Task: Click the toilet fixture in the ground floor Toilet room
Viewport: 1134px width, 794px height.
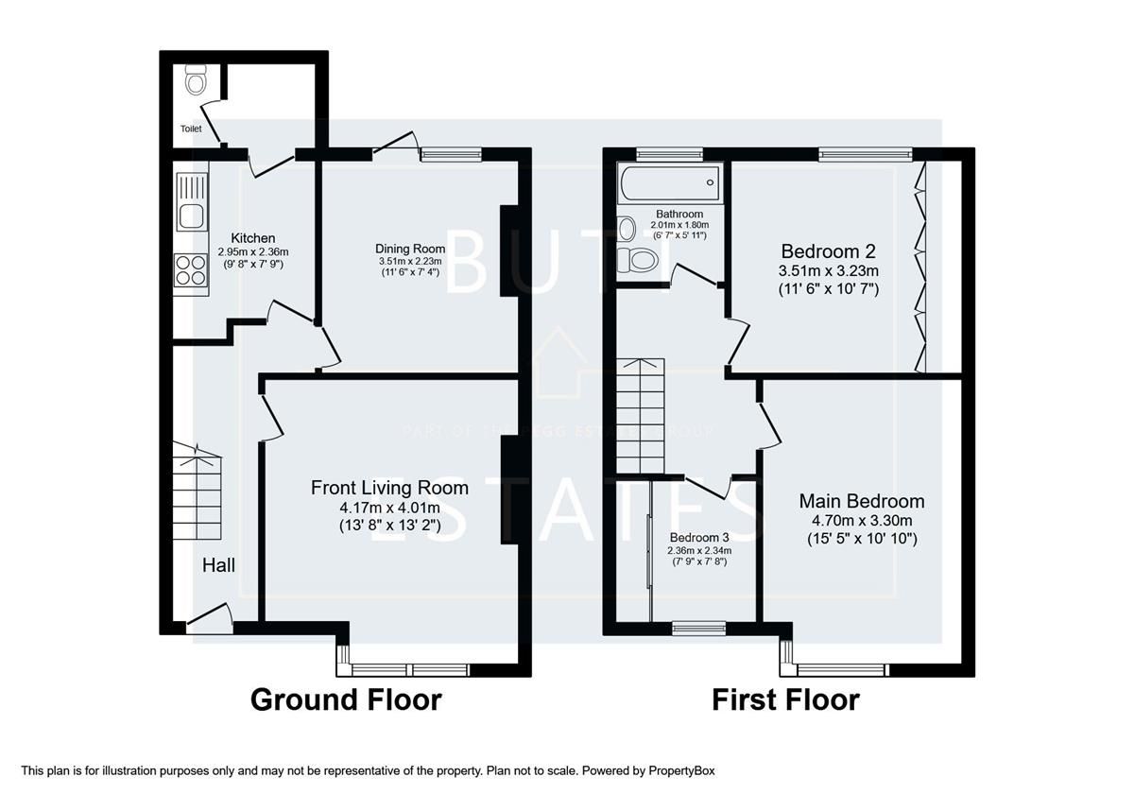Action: click(196, 81)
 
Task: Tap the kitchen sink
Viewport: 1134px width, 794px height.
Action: click(191, 202)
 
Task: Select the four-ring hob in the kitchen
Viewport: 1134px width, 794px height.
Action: click(191, 270)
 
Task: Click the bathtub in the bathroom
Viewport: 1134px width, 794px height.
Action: click(669, 182)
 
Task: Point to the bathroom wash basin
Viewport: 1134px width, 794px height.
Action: click(626, 229)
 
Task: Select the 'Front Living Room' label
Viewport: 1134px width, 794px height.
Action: click(389, 488)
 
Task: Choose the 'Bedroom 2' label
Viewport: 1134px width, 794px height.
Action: click(828, 251)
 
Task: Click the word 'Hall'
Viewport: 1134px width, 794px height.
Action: click(218, 565)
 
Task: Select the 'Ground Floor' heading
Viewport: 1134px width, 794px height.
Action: click(345, 700)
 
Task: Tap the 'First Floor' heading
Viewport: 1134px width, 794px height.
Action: click(785, 700)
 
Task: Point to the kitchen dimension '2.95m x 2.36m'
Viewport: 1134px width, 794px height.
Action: click(252, 252)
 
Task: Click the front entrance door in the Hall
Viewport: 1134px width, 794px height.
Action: click(210, 618)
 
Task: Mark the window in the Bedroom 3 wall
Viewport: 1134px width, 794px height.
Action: click(699, 627)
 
